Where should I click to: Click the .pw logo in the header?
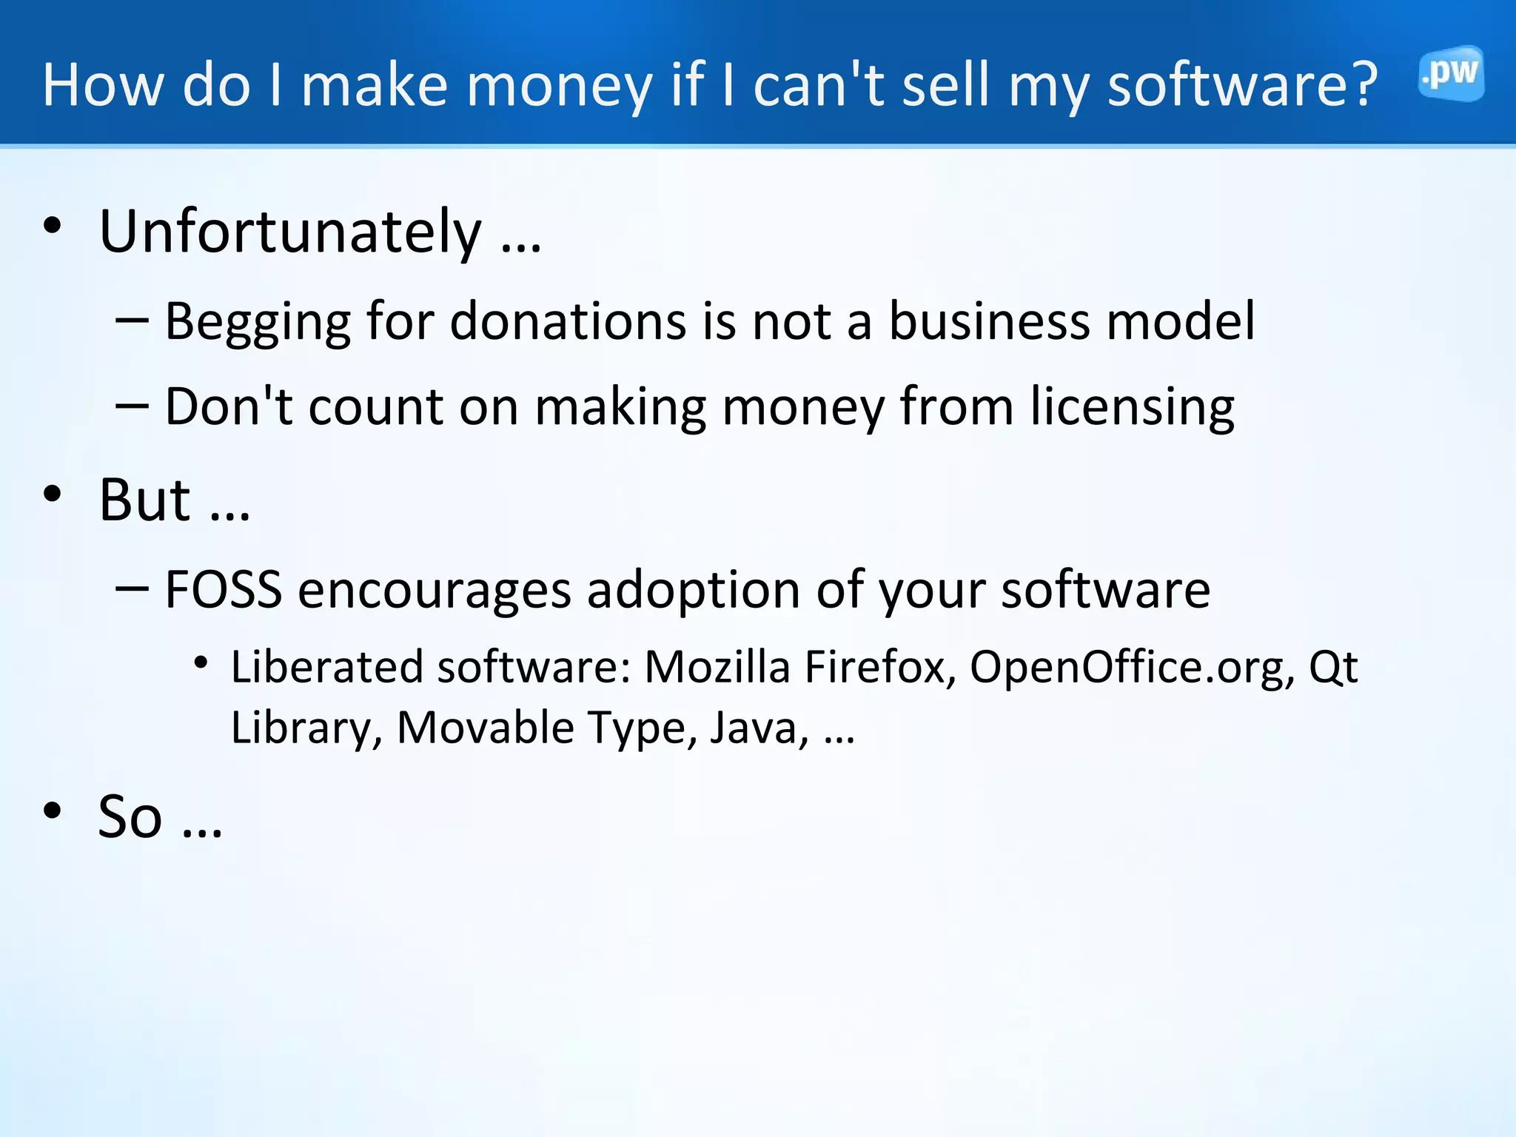(x=1451, y=74)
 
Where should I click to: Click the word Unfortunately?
(x=290, y=232)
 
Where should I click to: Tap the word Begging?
(x=257, y=323)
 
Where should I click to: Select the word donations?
(x=568, y=323)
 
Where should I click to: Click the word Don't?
(x=229, y=406)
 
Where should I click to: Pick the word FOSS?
(x=223, y=590)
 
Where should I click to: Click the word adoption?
(x=693, y=591)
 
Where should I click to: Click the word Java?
(x=759, y=728)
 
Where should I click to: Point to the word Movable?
(x=486, y=728)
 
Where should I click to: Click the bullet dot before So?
(x=53, y=811)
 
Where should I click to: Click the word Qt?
(x=1333, y=668)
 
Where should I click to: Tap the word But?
(x=145, y=500)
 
